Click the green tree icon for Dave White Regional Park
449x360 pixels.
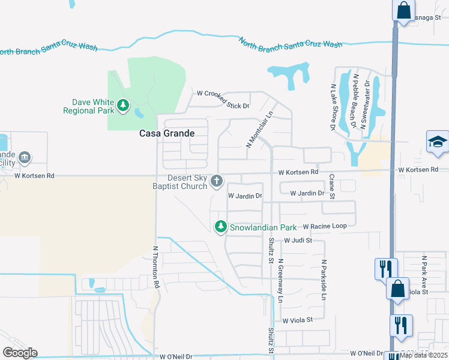pos(123,106)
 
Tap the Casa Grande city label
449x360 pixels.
pos(167,133)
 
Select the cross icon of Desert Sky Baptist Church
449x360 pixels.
pos(217,181)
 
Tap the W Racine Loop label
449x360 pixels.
pos(325,226)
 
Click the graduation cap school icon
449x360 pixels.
pos(438,143)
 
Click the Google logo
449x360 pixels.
pos(20,352)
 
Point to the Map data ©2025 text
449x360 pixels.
pos(424,355)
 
